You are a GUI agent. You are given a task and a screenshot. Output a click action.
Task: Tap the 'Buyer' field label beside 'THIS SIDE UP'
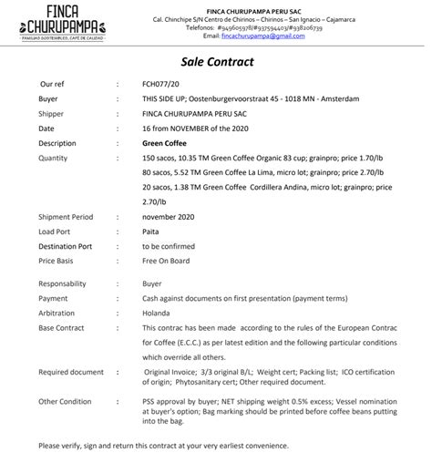click(x=48, y=98)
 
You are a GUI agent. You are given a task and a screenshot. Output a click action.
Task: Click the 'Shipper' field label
click(x=52, y=113)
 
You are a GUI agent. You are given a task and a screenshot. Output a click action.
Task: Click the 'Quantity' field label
click(x=53, y=158)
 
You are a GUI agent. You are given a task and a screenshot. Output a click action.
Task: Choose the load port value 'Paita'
click(x=151, y=231)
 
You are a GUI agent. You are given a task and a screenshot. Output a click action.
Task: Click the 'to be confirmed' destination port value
click(x=170, y=246)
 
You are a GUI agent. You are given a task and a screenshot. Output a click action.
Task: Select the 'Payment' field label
click(x=53, y=298)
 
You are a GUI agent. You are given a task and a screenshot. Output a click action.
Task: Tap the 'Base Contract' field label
click(x=62, y=327)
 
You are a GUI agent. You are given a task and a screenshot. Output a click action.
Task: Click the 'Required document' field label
click(x=71, y=372)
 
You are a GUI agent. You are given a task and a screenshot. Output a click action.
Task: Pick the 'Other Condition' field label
click(x=65, y=401)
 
